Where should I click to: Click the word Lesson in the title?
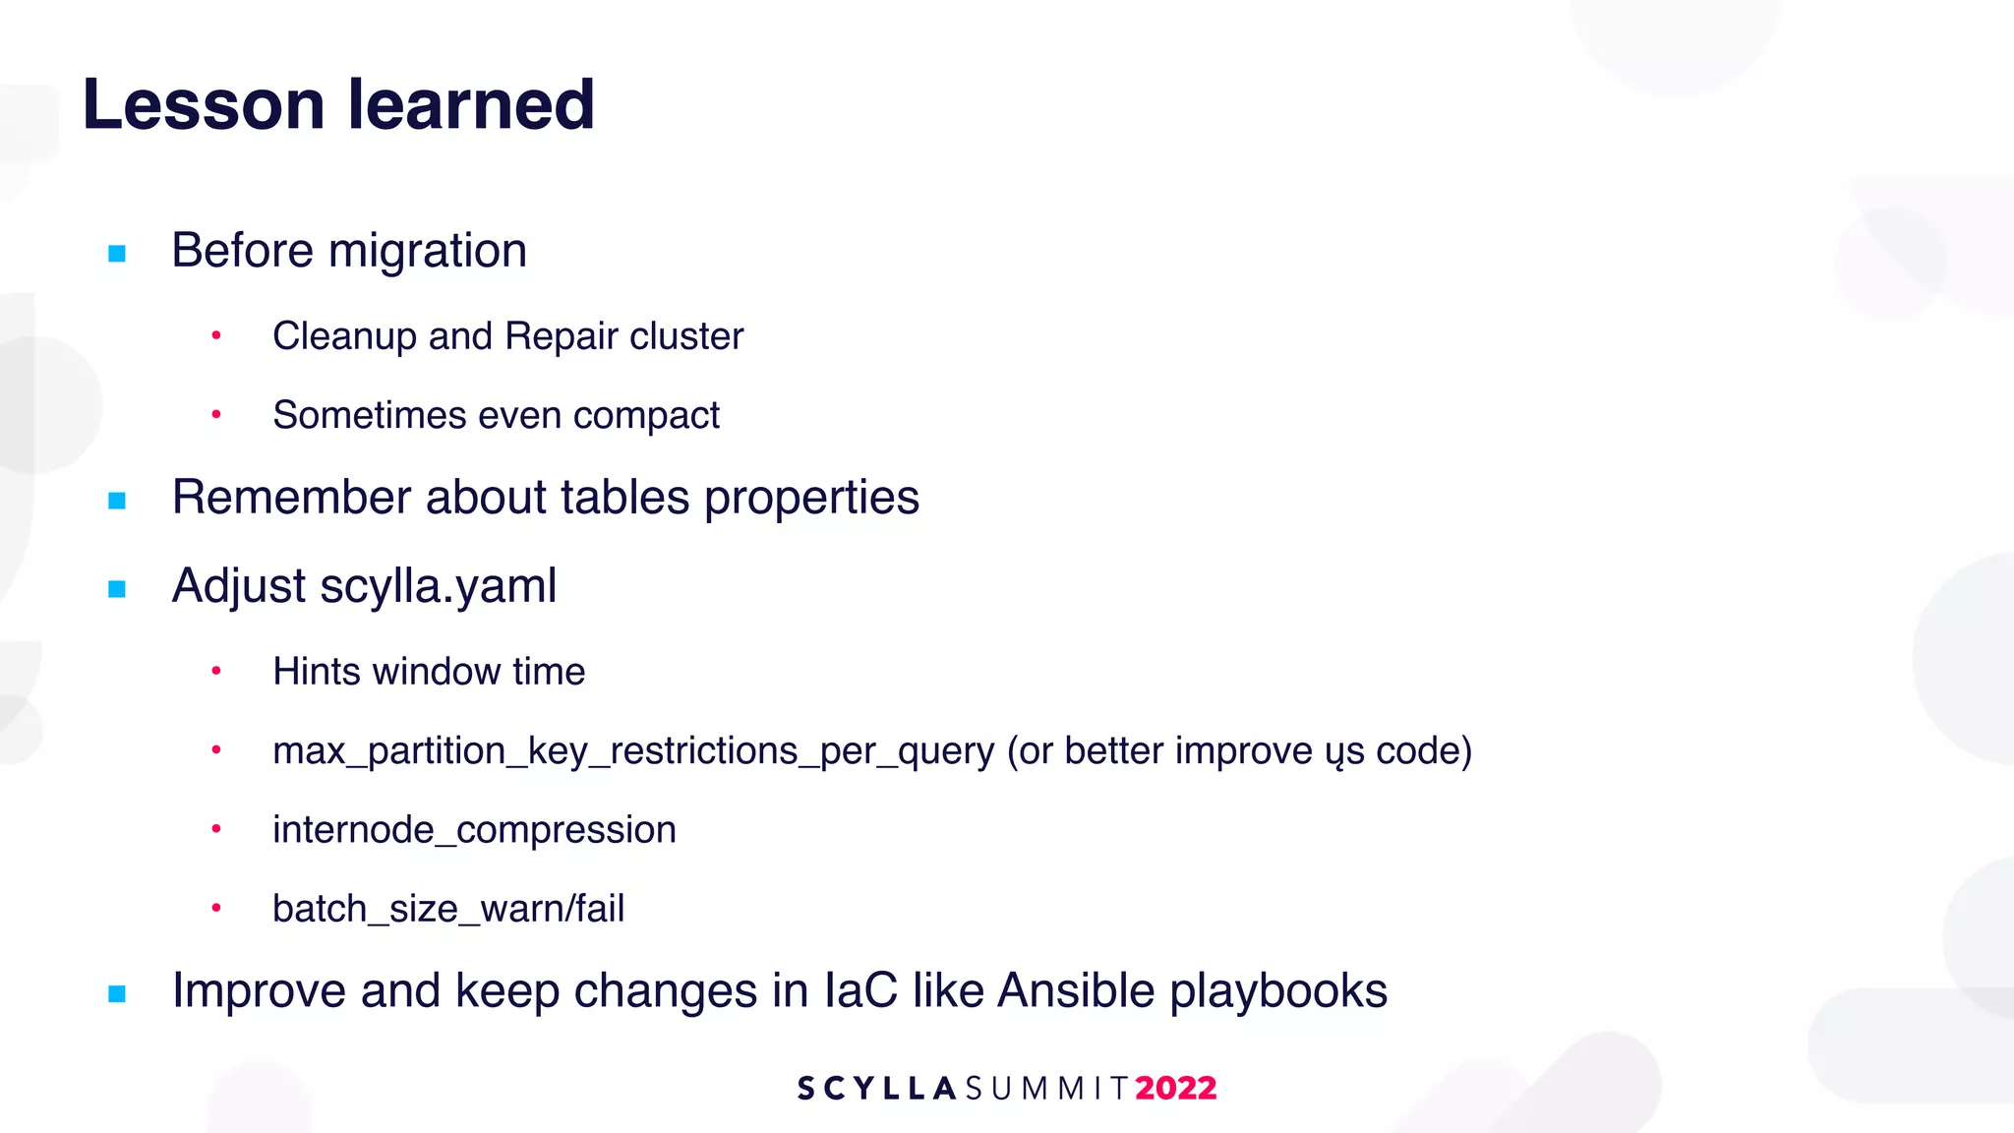[x=204, y=104]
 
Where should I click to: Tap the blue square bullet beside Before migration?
[x=117, y=254]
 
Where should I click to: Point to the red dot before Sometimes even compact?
[x=216, y=415]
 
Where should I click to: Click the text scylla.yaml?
[x=438, y=587]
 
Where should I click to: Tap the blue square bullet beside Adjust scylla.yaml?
[x=117, y=589]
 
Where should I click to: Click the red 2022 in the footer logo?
[x=1175, y=1089]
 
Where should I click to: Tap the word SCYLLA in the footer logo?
[x=876, y=1089]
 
